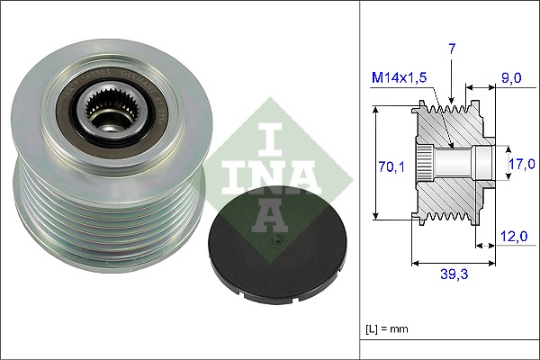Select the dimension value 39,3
pos(453,275)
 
